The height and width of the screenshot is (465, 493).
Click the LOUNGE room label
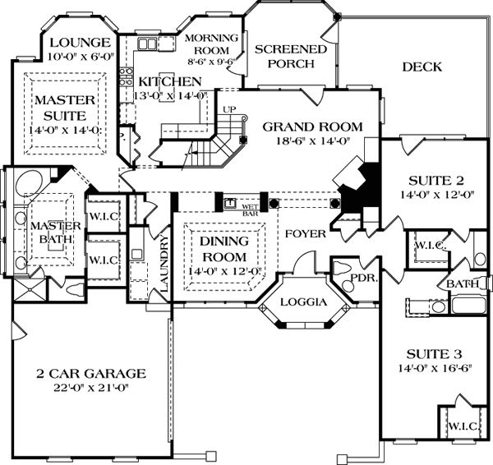(80, 43)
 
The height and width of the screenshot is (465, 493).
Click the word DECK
(423, 67)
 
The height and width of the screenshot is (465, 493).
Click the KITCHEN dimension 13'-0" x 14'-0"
(170, 95)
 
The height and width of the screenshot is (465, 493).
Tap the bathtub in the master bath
(30, 182)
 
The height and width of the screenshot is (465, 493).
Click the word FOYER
(306, 234)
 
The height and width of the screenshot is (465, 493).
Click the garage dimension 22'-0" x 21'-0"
(91, 387)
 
